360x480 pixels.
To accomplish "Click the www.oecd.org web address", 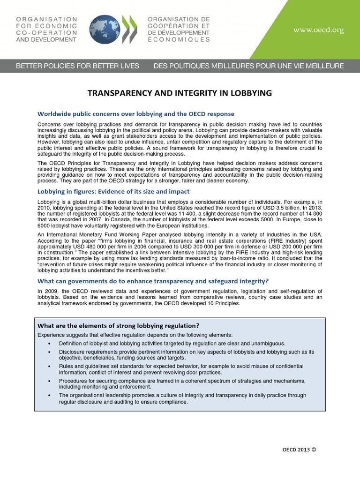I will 318,30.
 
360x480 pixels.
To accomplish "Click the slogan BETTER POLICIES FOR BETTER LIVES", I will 77,66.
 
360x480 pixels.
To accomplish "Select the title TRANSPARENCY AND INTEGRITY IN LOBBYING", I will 180,93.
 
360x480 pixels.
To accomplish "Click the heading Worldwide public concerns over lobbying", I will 135,114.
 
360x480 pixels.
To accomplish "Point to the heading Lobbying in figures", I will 113,192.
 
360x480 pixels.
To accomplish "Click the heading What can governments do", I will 153,281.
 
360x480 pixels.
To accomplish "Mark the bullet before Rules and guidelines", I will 50,366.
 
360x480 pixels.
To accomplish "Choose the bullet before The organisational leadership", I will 50,396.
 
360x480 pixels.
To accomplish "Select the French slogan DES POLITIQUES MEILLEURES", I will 248,66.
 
